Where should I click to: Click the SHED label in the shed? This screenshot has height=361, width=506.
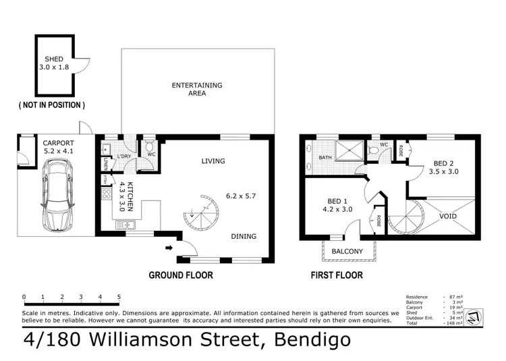[55, 59]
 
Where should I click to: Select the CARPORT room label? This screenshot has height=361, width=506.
[58, 143]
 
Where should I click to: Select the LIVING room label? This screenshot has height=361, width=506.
[213, 161]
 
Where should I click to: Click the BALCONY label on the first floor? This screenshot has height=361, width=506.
[348, 252]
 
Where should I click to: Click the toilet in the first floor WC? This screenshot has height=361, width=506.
[375, 152]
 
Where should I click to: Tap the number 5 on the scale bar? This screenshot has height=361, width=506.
[119, 297]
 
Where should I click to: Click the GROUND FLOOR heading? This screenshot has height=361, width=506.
[181, 275]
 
